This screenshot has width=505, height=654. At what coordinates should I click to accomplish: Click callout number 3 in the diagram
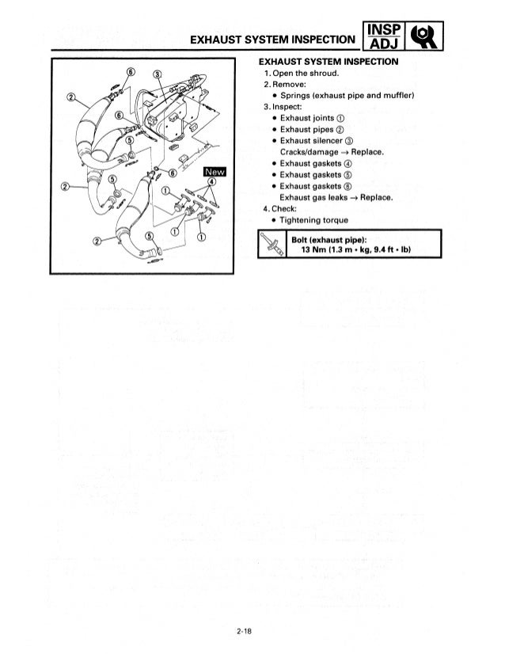tap(157, 74)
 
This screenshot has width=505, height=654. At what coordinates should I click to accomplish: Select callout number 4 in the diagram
tap(210, 184)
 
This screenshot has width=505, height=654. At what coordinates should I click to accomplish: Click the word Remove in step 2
tap(290, 85)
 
